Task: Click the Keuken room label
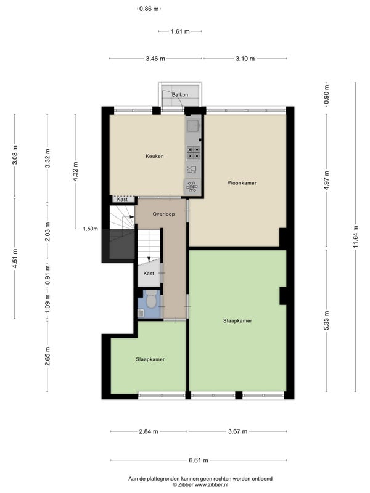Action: coord(155,156)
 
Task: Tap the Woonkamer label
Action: coord(242,182)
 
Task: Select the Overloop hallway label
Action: coord(163,214)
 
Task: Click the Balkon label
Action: coord(180,94)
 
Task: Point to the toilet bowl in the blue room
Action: coord(151,299)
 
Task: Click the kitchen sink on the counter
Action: coord(192,126)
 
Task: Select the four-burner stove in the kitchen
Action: coord(193,152)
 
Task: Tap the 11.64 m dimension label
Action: coord(356,237)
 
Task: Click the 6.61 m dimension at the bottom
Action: coord(199,460)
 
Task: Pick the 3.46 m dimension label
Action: coord(155,59)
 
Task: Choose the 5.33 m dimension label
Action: coord(326,320)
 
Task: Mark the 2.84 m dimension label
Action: coord(149,431)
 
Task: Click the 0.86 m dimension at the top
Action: coord(149,9)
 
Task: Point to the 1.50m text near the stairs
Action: coord(90,229)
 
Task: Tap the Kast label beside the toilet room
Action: coord(149,274)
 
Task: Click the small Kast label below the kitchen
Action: coord(122,199)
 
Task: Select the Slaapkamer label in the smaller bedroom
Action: coord(150,359)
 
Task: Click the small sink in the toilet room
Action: coord(141,313)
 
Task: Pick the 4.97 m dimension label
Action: coord(326,181)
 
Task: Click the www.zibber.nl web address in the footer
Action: coord(212,485)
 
